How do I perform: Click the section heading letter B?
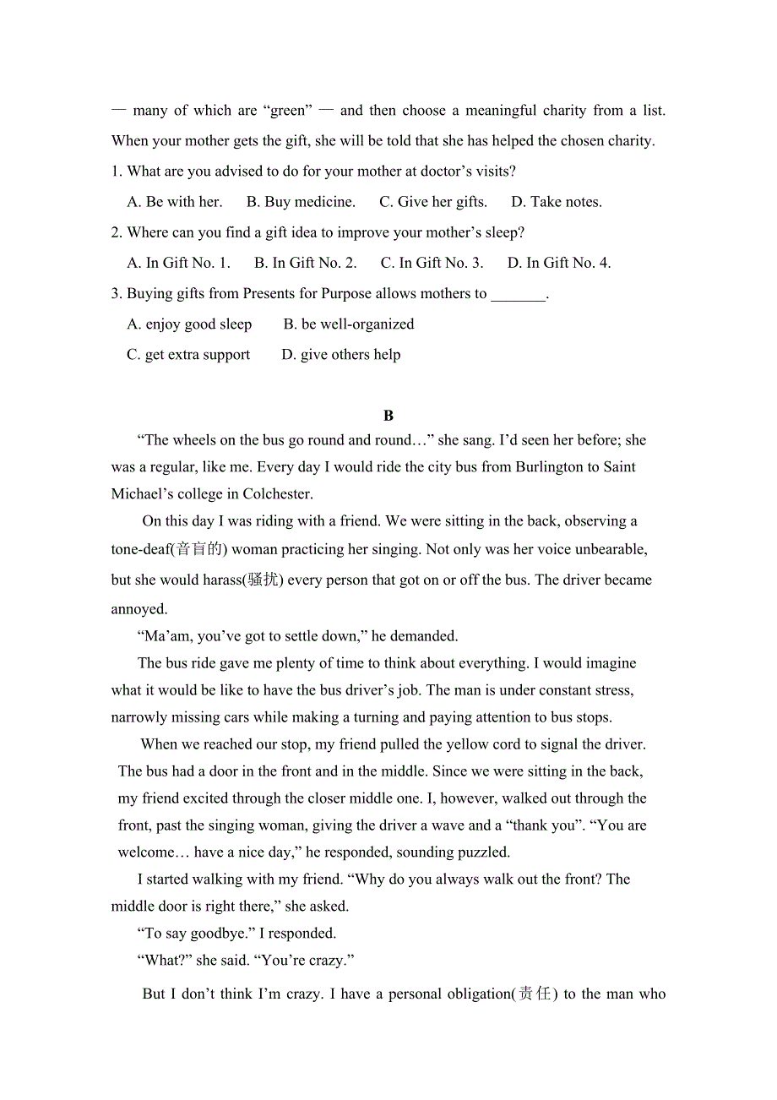[388, 416]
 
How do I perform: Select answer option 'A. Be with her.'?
[175, 202]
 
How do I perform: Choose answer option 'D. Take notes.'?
[557, 202]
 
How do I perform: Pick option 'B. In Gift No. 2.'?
[306, 263]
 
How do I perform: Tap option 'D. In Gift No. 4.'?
[559, 263]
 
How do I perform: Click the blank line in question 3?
[519, 295]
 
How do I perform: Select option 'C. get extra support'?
[188, 355]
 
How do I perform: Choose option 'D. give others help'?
[341, 355]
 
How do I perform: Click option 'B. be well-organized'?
[349, 324]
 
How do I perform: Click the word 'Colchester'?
[277, 494]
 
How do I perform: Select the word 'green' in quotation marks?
[288, 111]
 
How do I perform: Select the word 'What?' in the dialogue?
[164, 961]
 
